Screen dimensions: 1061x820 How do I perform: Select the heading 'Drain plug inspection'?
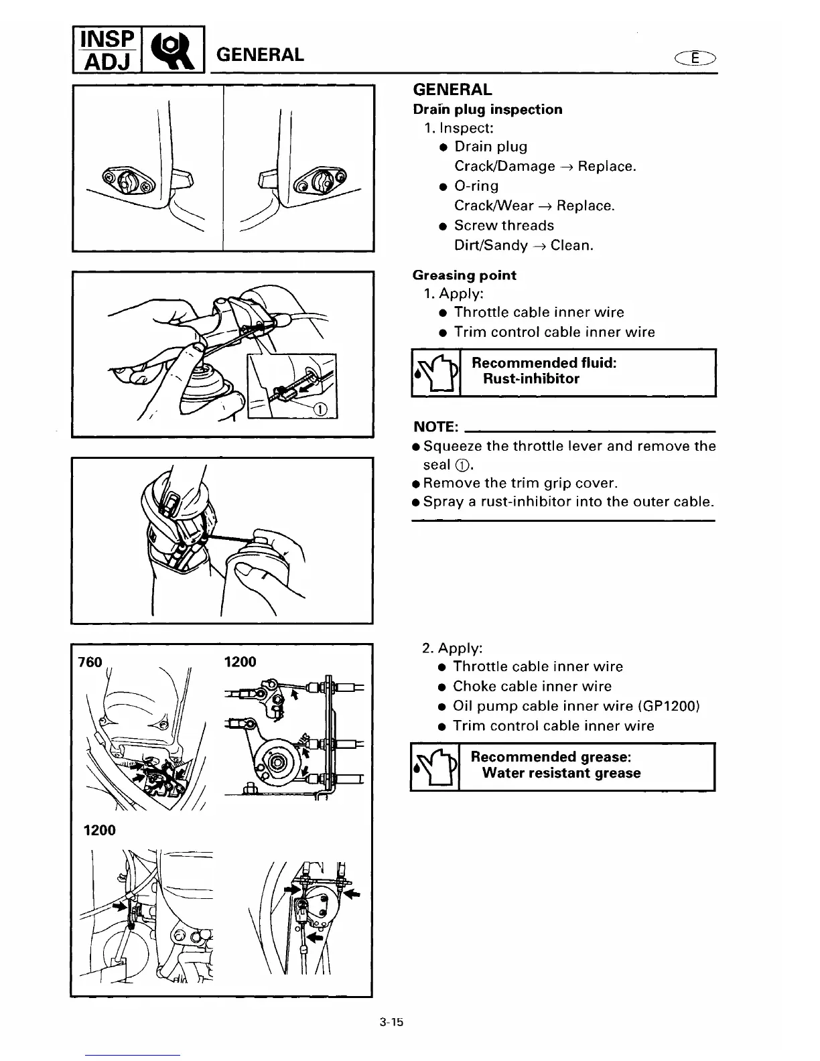click(x=487, y=109)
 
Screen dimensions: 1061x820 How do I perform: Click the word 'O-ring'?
click(x=476, y=186)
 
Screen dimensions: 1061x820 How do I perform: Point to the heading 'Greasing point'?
click(x=464, y=275)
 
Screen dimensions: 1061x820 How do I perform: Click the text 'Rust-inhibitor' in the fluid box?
click(x=531, y=378)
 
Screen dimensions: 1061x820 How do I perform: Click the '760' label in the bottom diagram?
click(x=90, y=662)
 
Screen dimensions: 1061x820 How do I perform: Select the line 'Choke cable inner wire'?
click(x=532, y=686)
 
